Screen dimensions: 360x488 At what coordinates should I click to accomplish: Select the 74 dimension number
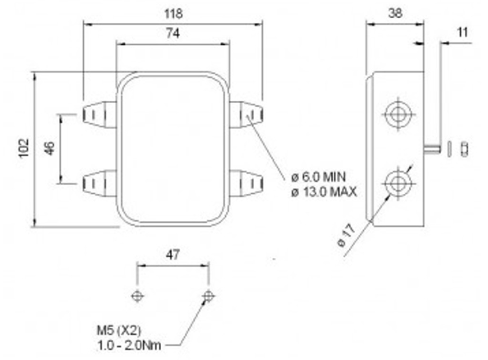173,34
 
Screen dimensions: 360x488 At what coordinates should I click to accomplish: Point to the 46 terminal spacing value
49,149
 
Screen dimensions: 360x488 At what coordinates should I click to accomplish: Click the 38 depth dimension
394,14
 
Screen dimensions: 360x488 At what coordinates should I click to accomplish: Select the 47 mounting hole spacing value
172,256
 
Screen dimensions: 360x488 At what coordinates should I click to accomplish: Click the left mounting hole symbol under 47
137,295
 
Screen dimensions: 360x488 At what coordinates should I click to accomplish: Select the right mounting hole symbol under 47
207,295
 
